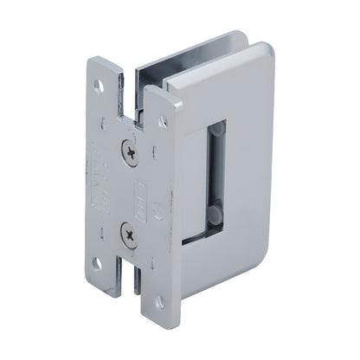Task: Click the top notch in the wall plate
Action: pyautogui.click(x=137, y=85)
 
